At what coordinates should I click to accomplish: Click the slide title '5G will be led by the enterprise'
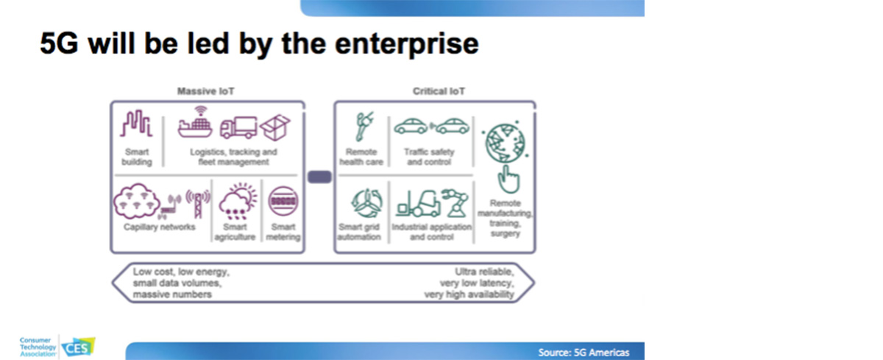tap(259, 44)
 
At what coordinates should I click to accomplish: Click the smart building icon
tap(137, 124)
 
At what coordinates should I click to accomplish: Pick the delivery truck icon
tap(238, 126)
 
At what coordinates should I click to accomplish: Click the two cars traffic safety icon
tap(431, 126)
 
